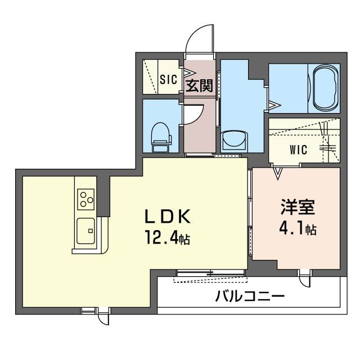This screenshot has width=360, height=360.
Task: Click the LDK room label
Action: point(169,217)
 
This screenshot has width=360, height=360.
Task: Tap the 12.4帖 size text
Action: point(167,239)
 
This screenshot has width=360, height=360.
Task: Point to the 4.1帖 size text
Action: point(297,229)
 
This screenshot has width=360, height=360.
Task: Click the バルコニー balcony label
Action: point(250,296)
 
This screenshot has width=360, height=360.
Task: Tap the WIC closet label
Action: point(298,150)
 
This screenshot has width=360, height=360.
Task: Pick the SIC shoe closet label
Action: point(168,79)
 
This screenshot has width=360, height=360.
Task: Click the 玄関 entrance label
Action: point(199,86)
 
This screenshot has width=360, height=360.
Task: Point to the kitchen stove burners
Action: point(86,198)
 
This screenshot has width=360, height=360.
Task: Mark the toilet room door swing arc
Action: point(191,115)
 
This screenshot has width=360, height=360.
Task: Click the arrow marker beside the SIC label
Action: point(186,73)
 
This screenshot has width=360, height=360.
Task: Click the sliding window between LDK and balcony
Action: point(211,274)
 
